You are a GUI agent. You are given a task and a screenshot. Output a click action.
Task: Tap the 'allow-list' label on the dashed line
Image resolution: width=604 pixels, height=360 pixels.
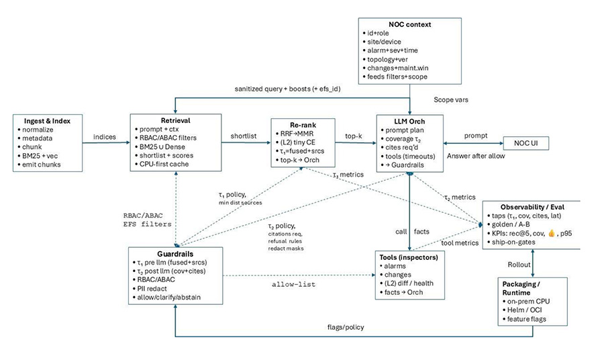[293, 285]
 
